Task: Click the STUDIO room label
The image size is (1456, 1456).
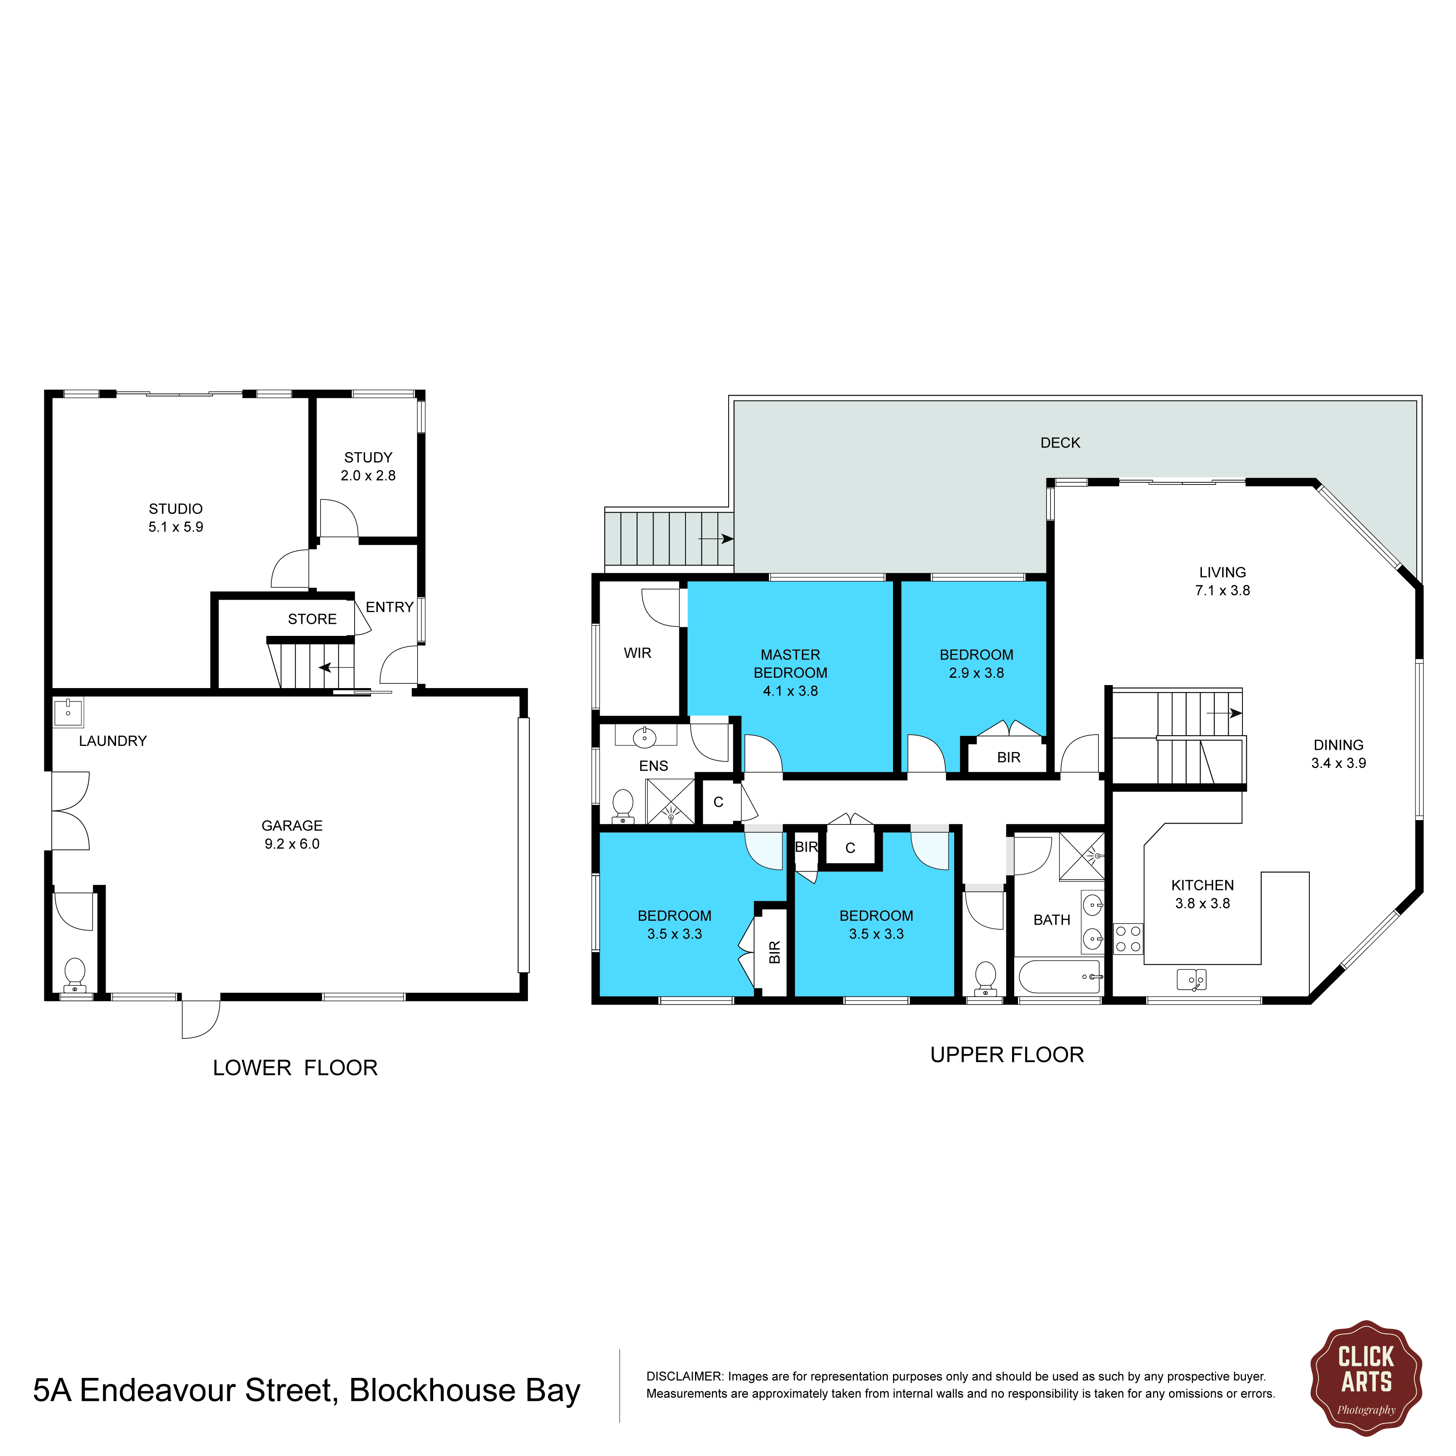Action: click(x=176, y=509)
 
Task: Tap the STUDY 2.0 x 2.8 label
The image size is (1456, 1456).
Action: click(x=368, y=466)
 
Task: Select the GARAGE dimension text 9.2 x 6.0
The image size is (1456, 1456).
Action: click(x=292, y=844)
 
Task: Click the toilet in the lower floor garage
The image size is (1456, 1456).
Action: click(x=75, y=975)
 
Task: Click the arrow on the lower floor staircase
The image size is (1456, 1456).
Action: click(x=335, y=668)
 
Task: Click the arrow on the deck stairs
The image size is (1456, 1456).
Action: click(x=716, y=539)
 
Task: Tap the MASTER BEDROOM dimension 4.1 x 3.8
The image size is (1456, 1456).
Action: click(x=790, y=691)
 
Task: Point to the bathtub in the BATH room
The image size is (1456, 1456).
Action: click(x=1059, y=977)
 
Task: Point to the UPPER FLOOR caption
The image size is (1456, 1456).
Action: click(x=1007, y=1055)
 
